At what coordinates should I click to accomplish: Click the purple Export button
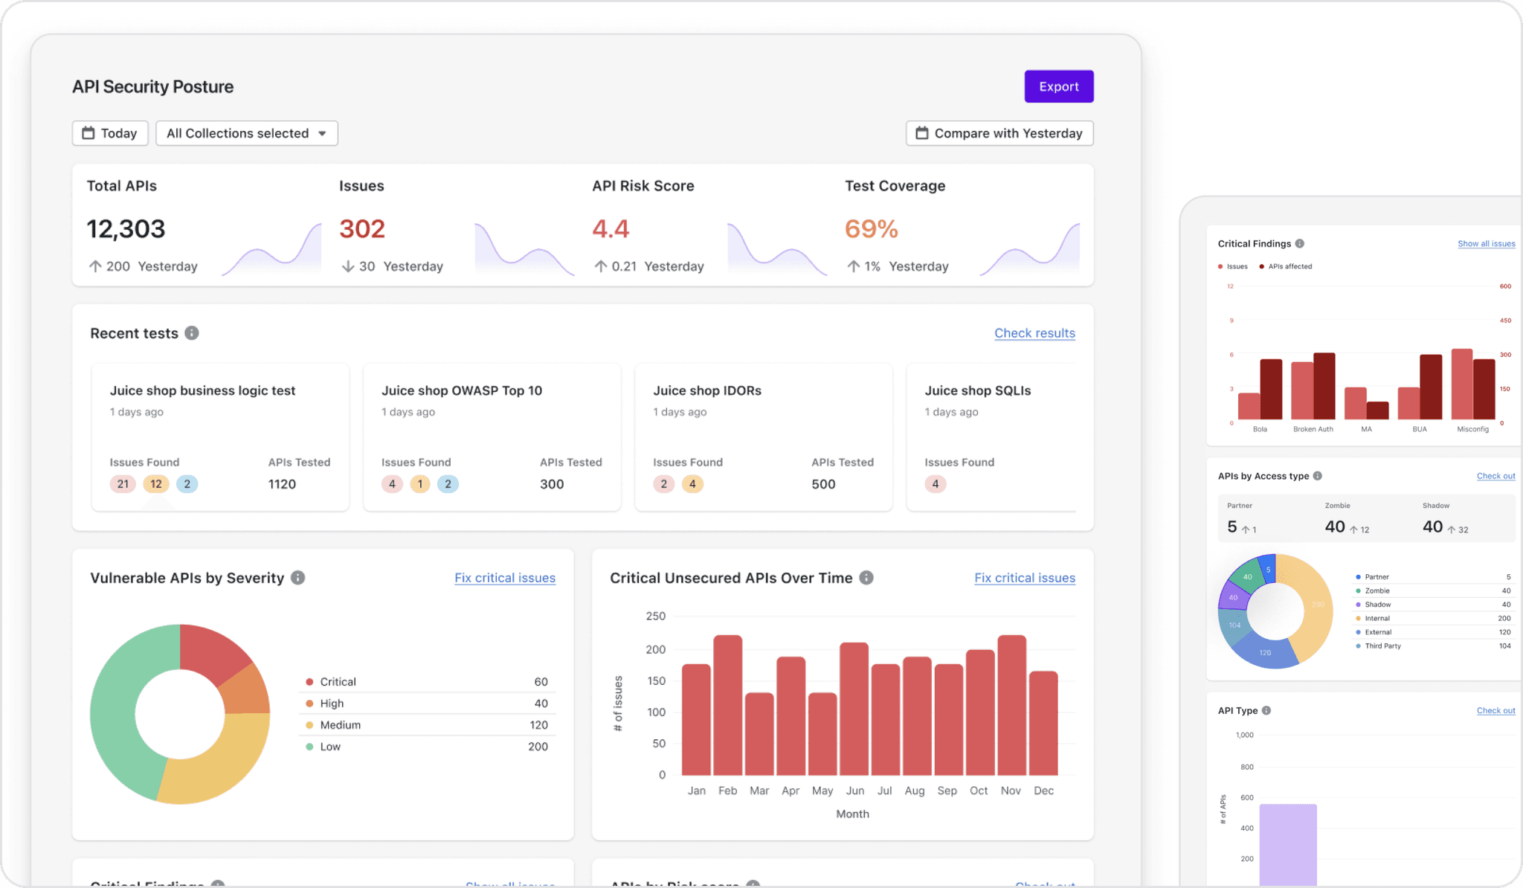click(1058, 86)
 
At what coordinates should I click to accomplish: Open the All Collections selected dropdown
click(246, 133)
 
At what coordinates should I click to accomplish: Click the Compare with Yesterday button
click(999, 133)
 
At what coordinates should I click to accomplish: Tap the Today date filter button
click(110, 133)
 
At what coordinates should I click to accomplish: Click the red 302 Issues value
click(362, 228)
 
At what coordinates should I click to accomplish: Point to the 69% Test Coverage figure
click(871, 228)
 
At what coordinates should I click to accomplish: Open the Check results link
click(1034, 333)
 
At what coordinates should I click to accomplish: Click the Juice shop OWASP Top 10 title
click(461, 390)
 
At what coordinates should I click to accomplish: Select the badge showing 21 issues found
click(123, 484)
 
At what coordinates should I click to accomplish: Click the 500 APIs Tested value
click(823, 484)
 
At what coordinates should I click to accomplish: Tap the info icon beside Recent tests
click(192, 333)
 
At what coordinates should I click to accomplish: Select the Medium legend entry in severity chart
click(340, 725)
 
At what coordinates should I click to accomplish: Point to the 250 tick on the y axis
click(656, 616)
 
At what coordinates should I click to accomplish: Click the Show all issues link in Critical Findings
click(1486, 244)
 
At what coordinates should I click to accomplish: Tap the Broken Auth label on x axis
click(1313, 429)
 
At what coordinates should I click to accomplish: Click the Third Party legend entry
click(1382, 646)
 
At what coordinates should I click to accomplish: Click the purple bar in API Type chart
click(1288, 844)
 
